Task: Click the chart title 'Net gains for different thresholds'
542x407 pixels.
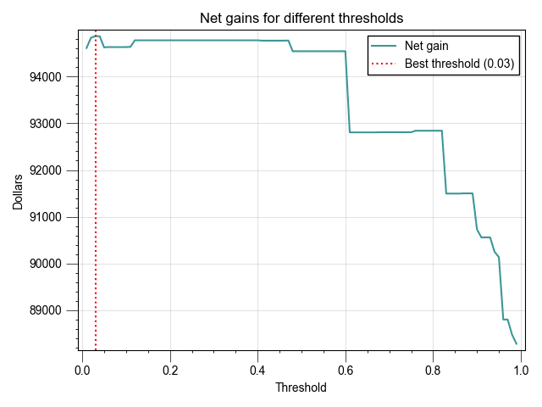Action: tap(301, 18)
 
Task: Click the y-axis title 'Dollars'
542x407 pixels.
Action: tap(18, 192)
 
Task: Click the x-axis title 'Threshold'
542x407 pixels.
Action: tap(301, 387)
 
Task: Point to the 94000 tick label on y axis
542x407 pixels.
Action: tap(56, 77)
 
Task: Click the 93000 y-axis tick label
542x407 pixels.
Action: tap(56, 124)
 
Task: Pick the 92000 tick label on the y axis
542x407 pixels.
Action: tap(56, 170)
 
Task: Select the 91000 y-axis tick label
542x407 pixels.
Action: tap(56, 217)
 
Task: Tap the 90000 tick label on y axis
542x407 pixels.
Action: tap(56, 264)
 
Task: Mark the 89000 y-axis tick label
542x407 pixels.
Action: tap(56, 310)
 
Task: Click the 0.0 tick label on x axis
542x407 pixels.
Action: tap(82, 370)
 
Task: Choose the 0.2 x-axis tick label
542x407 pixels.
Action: tap(170, 370)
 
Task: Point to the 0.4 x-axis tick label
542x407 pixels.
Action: tap(257, 370)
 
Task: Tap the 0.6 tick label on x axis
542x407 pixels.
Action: tap(346, 370)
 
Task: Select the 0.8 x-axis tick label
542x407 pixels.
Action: tap(433, 370)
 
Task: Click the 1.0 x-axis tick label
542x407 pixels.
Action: tap(521, 370)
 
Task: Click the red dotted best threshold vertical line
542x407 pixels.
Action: tap(96, 212)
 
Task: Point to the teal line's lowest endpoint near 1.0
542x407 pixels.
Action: tap(516, 343)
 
